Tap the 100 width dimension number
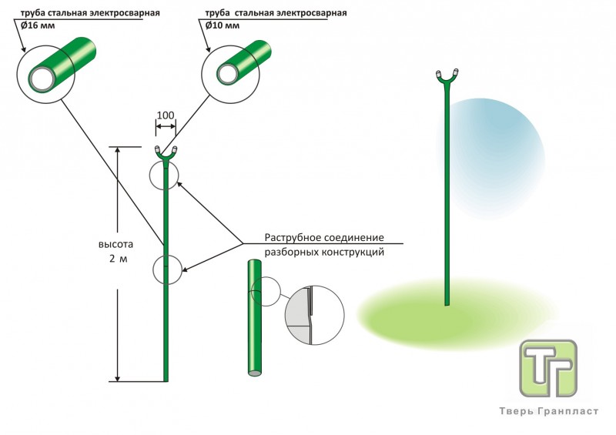coord(165,116)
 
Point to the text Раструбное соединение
coord(324,237)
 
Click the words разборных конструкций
coord(324,252)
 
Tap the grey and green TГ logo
coord(548,368)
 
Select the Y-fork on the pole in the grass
coord(447,76)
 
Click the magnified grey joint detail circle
coord(312,316)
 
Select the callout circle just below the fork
coord(164,175)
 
